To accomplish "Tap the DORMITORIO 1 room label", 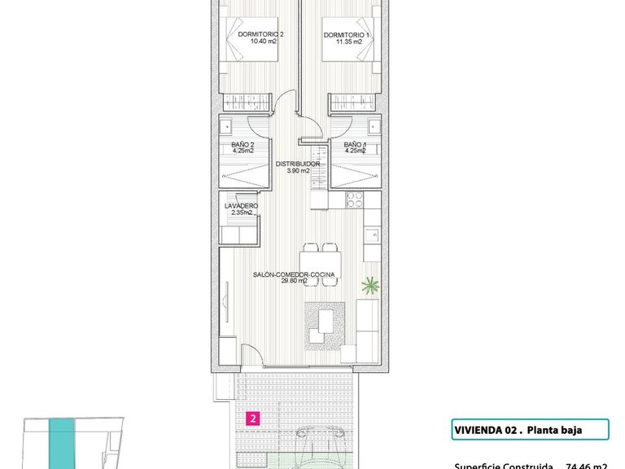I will coord(347,34).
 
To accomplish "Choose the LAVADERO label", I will coord(241,205).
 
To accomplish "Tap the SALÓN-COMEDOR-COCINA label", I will coord(295,275).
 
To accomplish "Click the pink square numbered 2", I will coord(254,420).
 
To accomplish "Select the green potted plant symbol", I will coord(371,285).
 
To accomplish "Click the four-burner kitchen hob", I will coord(355,200).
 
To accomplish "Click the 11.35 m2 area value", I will coord(347,42).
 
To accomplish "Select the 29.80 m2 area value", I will coord(295,282).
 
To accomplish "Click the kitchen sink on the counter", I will coord(372,236).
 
